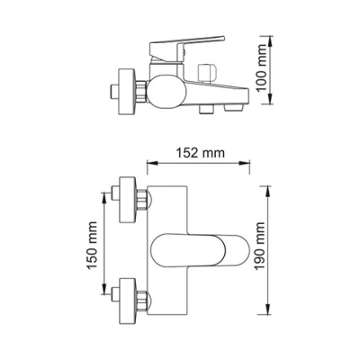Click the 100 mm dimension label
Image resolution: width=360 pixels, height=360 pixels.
(263, 67)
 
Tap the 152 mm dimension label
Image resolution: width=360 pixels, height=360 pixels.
(200, 153)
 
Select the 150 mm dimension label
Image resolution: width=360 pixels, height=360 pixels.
(93, 246)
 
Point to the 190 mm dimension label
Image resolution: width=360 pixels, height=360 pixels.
(260, 246)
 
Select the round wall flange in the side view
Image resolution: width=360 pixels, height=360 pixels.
(128, 91)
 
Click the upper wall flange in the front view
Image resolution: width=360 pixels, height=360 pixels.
(128, 200)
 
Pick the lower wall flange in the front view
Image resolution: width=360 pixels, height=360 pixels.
(128, 301)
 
